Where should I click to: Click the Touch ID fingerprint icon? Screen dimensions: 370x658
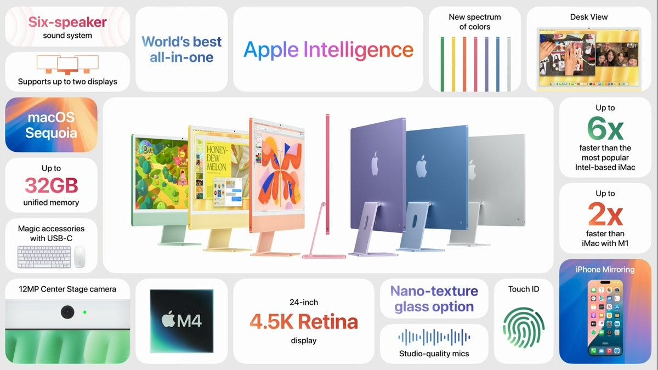point(523,328)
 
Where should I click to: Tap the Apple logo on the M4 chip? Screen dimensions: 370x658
point(168,320)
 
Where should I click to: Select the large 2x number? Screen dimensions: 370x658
point(605,214)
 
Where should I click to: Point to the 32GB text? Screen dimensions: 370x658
point(52,186)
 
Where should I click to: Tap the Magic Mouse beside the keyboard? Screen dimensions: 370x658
point(80,256)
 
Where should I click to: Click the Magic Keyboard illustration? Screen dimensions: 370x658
point(44,256)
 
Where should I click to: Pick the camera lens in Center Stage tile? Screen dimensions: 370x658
point(67,312)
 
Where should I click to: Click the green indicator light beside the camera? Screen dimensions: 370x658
point(84,312)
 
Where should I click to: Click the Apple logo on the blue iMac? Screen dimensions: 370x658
point(422,166)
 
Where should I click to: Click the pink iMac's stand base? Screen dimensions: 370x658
point(324,255)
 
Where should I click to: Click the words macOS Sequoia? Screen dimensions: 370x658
point(52,125)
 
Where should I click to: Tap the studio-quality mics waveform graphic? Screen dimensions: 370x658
point(434,337)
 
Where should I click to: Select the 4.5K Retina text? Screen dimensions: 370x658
point(304,322)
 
